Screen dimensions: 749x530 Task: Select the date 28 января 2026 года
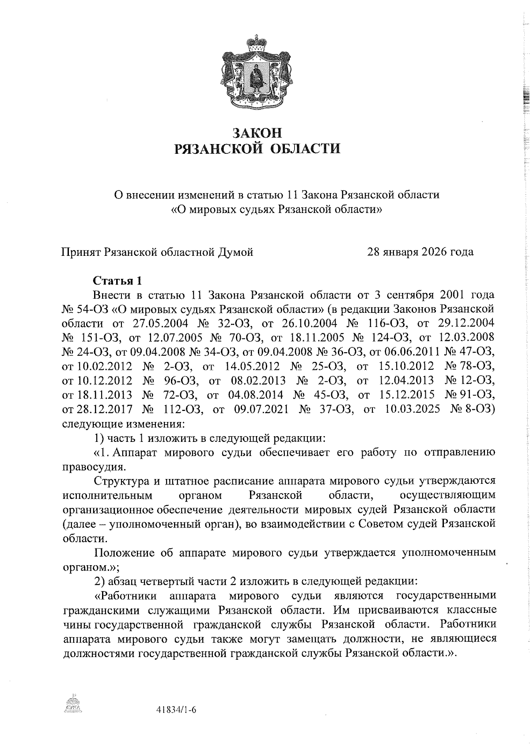click(x=420, y=252)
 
